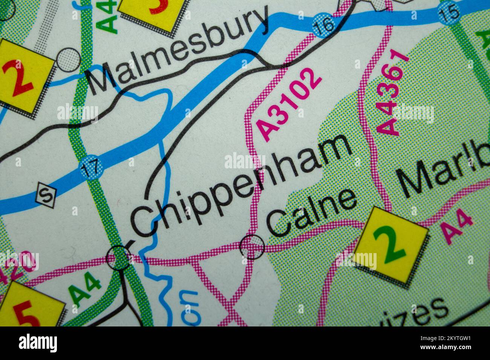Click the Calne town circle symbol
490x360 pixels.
click(252, 247)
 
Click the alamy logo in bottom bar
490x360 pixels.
click(38, 343)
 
